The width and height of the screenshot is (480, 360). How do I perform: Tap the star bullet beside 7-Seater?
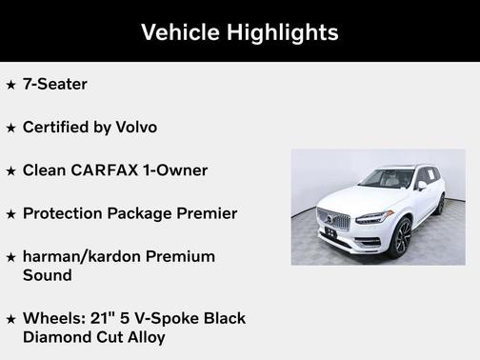10,85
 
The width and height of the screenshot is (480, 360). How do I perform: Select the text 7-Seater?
55,84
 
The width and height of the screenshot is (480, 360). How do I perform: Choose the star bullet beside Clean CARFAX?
10,171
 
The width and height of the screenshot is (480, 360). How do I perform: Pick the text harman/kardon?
84,256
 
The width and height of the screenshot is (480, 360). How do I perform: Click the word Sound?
48,275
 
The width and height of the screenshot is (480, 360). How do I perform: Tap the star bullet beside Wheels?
10,319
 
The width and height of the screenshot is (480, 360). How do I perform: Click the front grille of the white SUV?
333,218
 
